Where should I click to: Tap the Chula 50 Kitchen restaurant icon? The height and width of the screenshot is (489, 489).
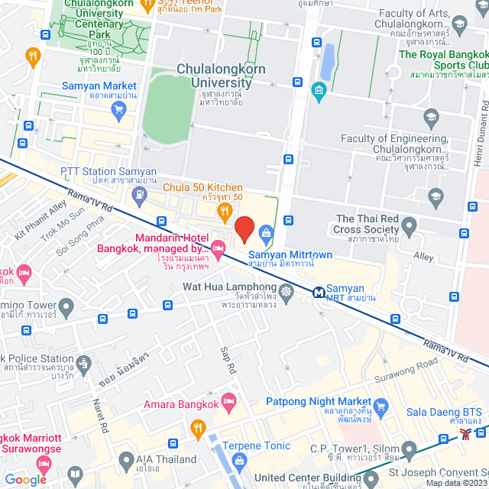[x=225, y=210]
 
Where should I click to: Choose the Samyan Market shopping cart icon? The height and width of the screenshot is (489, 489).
[x=118, y=109]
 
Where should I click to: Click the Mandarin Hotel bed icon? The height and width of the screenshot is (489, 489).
[x=218, y=246]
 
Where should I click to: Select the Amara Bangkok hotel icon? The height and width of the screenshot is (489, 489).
[x=228, y=403]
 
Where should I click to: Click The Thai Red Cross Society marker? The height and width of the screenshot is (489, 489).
[x=409, y=225]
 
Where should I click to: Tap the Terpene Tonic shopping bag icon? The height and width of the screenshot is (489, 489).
[x=240, y=459]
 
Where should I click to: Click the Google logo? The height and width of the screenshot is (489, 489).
[x=25, y=479]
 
